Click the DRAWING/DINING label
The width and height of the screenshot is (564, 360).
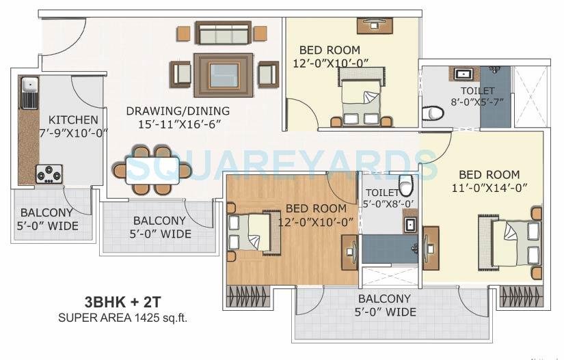click(x=178, y=111)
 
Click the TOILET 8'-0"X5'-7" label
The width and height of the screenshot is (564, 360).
click(x=476, y=91)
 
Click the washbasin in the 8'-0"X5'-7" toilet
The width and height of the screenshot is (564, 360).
click(x=463, y=73)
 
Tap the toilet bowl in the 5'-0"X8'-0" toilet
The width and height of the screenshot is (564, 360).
click(x=406, y=184)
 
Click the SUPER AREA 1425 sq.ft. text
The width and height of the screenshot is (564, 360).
click(x=122, y=317)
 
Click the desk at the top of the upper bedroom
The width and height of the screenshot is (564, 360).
click(x=374, y=25)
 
